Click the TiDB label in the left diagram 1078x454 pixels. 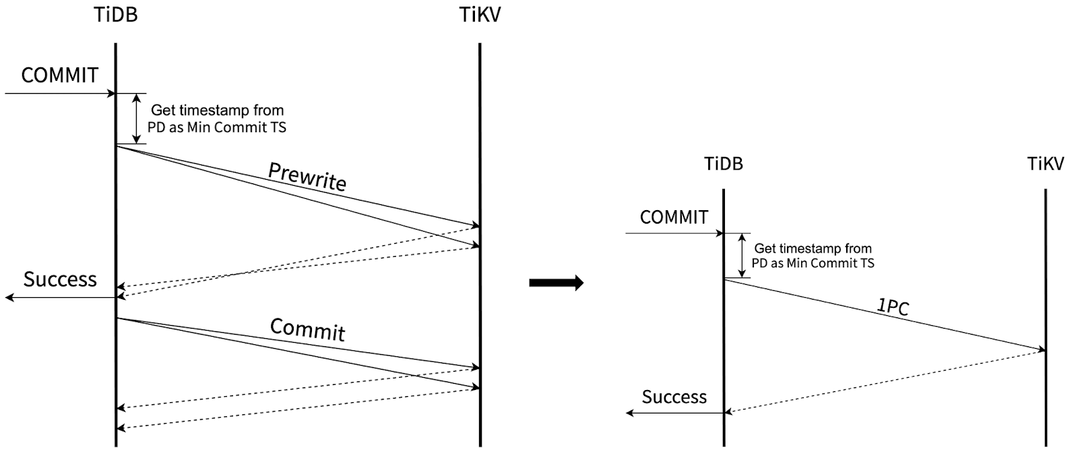pyautogui.click(x=115, y=15)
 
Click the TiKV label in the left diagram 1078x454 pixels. pyautogui.click(x=480, y=15)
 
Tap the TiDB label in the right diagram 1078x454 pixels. pyautogui.click(x=723, y=164)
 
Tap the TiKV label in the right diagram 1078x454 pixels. pyautogui.click(x=1045, y=164)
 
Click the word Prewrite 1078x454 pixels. pyautogui.click(x=307, y=176)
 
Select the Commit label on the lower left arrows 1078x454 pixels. pyautogui.click(x=307, y=329)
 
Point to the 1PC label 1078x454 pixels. pyautogui.click(x=893, y=306)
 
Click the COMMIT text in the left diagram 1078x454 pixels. pyautogui.click(x=59, y=75)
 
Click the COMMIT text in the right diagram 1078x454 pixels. pyautogui.click(x=674, y=217)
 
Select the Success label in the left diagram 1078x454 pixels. pyautogui.click(x=60, y=279)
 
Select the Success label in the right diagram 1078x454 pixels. pyautogui.click(x=674, y=397)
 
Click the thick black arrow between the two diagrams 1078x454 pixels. pyautogui.click(x=556, y=283)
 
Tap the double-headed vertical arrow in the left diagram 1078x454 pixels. pyautogui.click(x=137, y=119)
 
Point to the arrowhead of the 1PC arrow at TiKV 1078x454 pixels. pyautogui.click(x=1042, y=350)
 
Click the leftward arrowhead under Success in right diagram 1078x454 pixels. pyautogui.click(x=630, y=413)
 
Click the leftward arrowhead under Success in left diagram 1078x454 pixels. pyautogui.click(x=9, y=297)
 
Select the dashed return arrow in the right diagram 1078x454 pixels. pyautogui.click(x=883, y=382)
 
